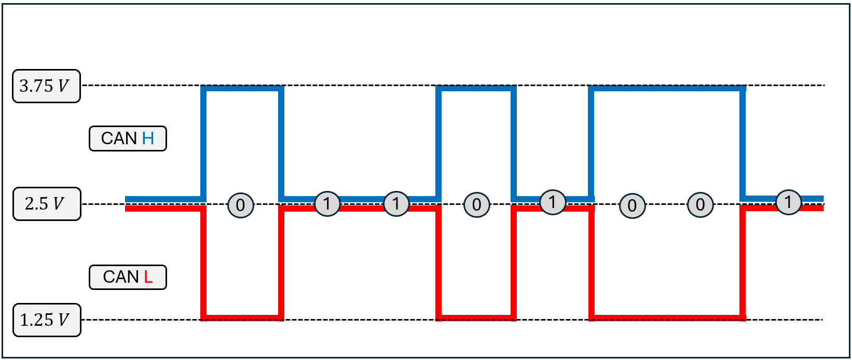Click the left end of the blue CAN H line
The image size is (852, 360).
(126, 199)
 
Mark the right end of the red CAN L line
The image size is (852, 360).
(823, 208)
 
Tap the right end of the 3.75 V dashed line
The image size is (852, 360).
(824, 85)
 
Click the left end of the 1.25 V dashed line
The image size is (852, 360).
(82, 320)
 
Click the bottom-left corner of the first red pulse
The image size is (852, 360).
(203, 318)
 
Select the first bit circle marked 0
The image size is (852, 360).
(241, 205)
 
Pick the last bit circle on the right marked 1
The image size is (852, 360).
(789, 202)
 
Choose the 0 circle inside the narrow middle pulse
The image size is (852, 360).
(476, 205)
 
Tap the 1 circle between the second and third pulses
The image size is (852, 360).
(553, 202)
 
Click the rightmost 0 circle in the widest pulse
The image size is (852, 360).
(700, 205)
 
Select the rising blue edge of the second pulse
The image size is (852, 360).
(438, 144)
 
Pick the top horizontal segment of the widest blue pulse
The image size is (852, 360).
(667, 89)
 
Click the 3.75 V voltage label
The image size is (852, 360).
(46, 86)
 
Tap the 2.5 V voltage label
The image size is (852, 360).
(47, 204)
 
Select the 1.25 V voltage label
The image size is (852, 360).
(47, 320)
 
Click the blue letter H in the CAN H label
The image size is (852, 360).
(148, 139)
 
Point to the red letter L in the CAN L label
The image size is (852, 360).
(148, 277)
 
